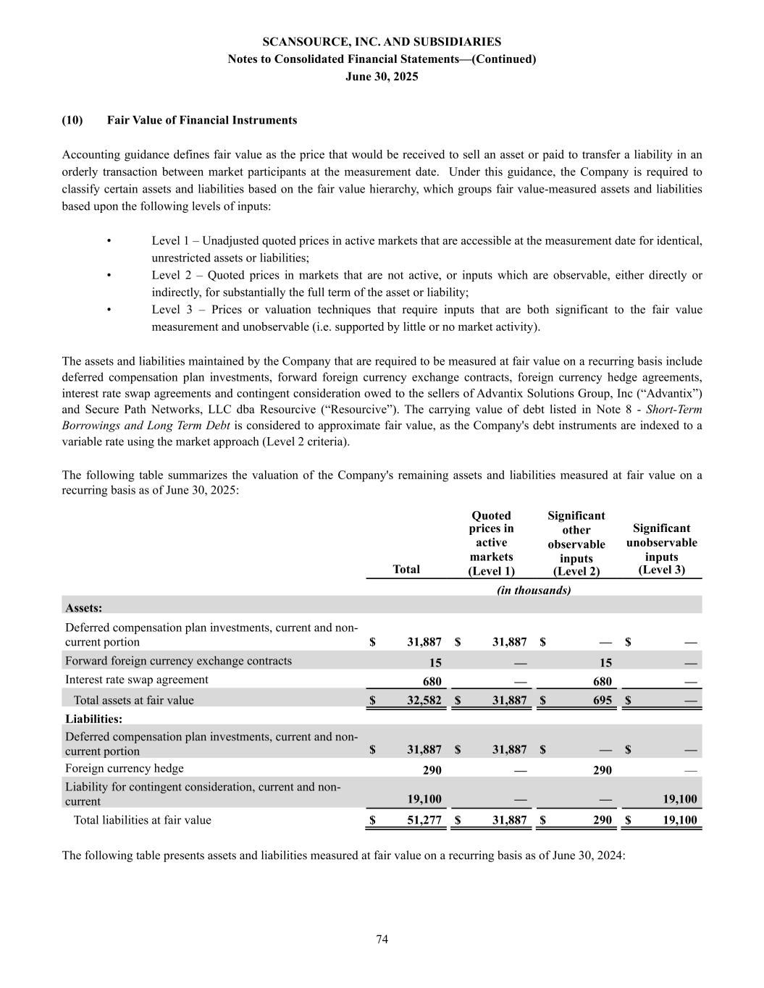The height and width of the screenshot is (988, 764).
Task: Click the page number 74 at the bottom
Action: click(x=382, y=940)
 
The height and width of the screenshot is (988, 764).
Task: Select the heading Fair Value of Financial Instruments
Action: click(x=201, y=120)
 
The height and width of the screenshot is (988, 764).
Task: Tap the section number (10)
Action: click(x=72, y=120)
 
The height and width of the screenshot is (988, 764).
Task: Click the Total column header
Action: click(x=406, y=569)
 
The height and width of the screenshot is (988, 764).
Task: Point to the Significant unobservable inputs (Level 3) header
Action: click(x=661, y=549)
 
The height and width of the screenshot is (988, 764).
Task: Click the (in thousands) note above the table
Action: click(x=534, y=590)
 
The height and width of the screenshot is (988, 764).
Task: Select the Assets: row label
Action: click(x=83, y=608)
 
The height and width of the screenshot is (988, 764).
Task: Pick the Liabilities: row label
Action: click(x=93, y=719)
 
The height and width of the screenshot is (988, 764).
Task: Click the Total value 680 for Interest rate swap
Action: click(x=432, y=681)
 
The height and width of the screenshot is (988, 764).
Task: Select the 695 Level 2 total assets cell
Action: click(x=601, y=700)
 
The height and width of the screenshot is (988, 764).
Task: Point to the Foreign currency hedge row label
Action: click(x=125, y=769)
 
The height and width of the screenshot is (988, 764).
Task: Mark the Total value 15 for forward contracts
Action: click(x=435, y=662)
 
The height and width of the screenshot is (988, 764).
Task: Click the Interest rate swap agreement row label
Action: click(x=136, y=680)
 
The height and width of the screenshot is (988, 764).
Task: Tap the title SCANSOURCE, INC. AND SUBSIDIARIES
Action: click(x=382, y=42)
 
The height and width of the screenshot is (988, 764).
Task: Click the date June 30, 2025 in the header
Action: click(x=382, y=76)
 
